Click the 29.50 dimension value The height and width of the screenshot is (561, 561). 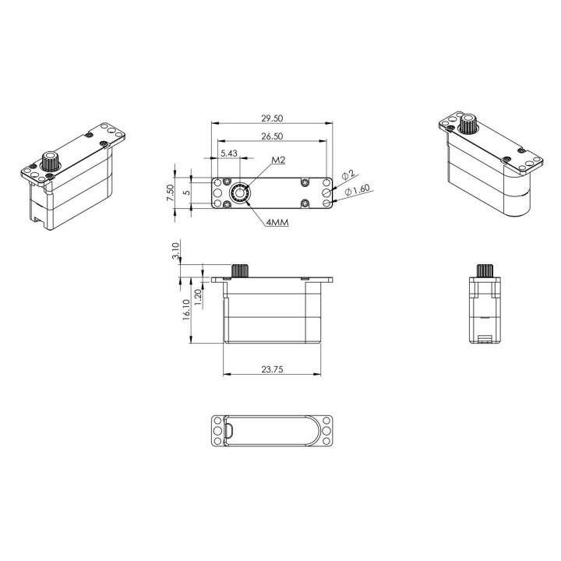coord(272,118)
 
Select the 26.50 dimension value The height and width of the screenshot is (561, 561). coord(272,136)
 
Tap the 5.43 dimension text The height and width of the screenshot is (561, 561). coord(229,153)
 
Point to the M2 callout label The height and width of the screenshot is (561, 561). coord(278,160)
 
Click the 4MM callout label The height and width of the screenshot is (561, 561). coord(277,223)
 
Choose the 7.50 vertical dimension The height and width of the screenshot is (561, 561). coord(171,192)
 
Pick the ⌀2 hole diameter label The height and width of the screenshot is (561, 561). coord(348,175)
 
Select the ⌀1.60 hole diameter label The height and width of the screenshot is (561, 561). coord(357,190)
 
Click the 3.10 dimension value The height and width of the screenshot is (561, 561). coord(175,251)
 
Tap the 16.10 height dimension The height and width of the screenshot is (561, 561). coord(186,310)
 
